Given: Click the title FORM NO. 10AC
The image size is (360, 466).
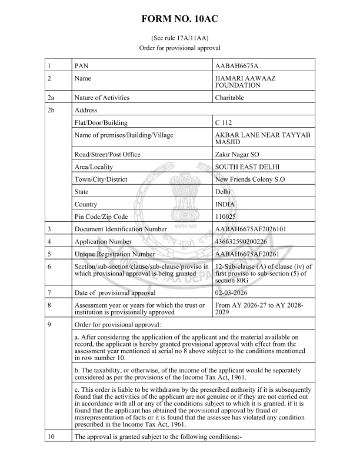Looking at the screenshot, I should [180, 19].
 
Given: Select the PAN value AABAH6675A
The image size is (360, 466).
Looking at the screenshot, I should [241, 65].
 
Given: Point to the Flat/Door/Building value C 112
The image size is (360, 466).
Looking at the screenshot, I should [225, 123].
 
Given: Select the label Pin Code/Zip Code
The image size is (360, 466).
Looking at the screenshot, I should [101, 217].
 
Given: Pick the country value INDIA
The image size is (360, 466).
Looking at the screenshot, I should [227, 204].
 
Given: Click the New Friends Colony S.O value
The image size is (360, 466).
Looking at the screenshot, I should [250, 179].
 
